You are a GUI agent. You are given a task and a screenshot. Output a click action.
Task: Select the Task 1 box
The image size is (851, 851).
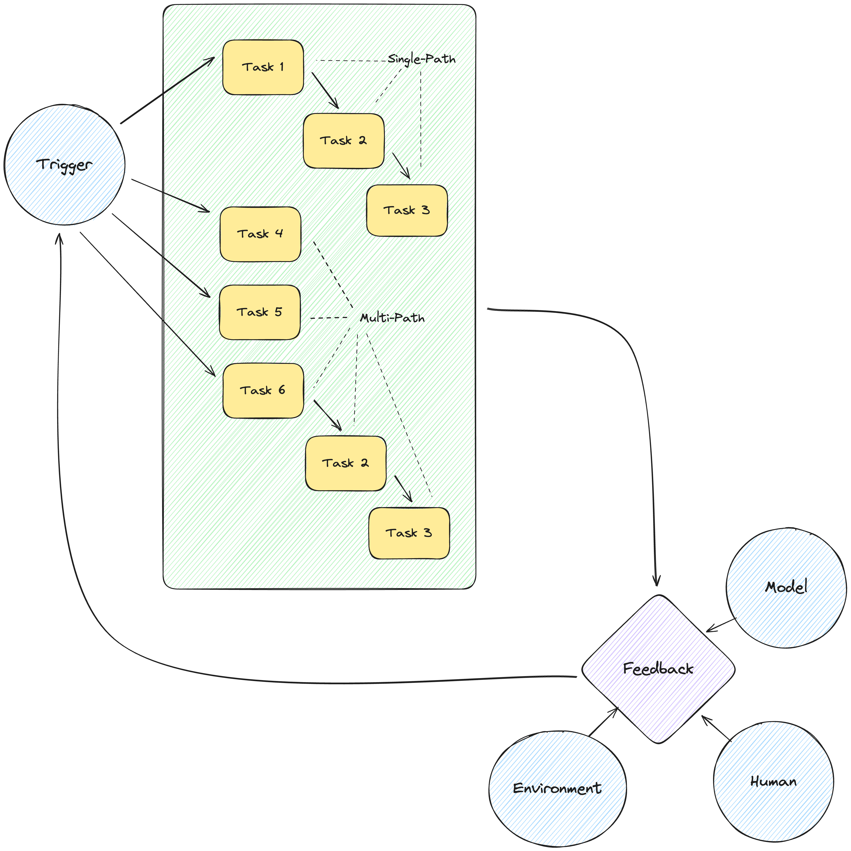(x=263, y=67)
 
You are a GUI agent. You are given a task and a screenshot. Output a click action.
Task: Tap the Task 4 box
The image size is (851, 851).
(x=260, y=234)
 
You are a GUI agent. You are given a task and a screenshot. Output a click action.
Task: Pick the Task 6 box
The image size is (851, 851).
(x=263, y=390)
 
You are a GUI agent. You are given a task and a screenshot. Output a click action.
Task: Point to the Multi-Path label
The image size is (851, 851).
(x=392, y=318)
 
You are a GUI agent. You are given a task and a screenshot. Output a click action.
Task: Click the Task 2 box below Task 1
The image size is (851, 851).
(x=344, y=140)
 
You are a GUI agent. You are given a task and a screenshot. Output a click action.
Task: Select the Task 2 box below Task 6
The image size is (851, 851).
(x=346, y=463)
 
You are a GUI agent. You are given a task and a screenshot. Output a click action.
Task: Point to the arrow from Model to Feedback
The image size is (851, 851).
(x=722, y=625)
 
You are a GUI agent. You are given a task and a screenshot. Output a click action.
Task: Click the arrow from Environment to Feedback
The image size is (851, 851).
(x=603, y=722)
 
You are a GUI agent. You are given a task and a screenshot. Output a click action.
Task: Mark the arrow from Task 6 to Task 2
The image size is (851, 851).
(x=327, y=415)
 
